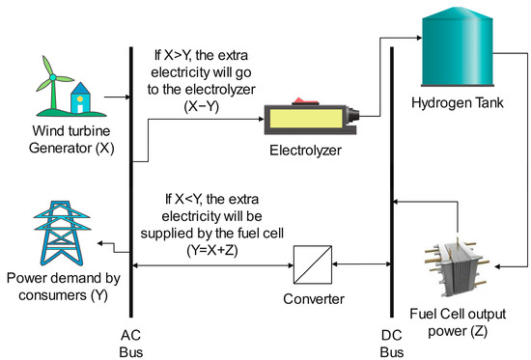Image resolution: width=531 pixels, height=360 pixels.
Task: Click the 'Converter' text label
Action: point(310,299)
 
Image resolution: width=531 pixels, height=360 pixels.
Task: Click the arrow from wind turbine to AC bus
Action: point(113,97)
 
